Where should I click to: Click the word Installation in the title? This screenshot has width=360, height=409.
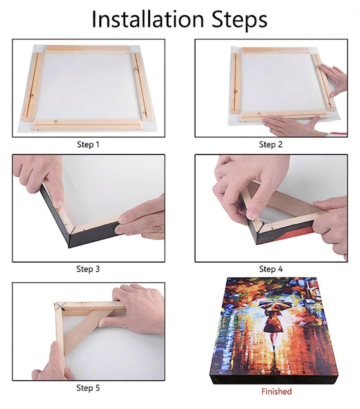148,19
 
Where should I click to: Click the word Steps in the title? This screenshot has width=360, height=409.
239,20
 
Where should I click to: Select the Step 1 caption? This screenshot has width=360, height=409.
88,144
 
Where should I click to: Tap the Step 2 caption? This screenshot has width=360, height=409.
271,144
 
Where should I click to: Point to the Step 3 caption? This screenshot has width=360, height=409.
88,269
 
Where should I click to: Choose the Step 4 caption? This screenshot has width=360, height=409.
271,269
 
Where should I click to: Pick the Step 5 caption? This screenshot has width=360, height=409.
88,388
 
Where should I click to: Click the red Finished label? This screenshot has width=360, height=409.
276,391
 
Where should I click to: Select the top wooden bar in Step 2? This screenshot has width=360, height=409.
276,50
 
